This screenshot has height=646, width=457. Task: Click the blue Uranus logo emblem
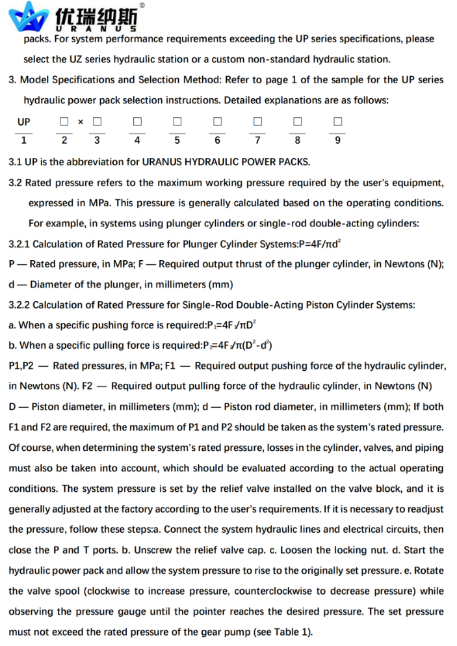tap(29, 16)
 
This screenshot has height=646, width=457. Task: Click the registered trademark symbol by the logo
tap(142, 5)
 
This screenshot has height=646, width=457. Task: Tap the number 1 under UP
tap(23, 140)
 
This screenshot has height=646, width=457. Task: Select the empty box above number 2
tap(64, 122)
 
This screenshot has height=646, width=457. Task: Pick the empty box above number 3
tap(97, 122)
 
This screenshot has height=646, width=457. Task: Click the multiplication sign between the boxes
tap(81, 122)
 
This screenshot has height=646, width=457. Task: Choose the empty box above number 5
tap(177, 122)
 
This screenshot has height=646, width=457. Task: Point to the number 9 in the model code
tap(337, 140)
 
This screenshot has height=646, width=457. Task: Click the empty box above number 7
tap(257, 122)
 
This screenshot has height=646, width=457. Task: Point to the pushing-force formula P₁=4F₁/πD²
tap(235, 325)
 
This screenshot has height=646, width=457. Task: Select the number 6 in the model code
tap(217, 140)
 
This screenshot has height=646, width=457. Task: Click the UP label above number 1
tap(23, 122)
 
